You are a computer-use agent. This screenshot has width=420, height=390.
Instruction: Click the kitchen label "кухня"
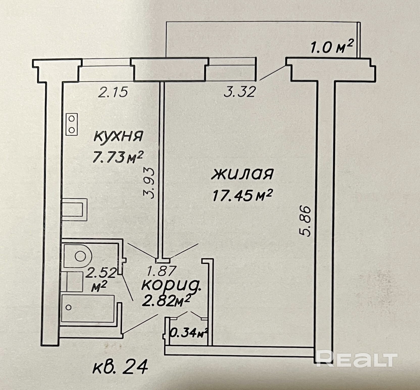pos(118,137)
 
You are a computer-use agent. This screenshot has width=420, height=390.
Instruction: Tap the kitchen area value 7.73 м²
pos(118,158)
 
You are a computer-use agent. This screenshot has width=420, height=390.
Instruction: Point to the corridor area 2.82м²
pos(166,301)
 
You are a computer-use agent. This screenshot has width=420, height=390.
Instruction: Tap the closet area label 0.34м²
pos(189,333)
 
